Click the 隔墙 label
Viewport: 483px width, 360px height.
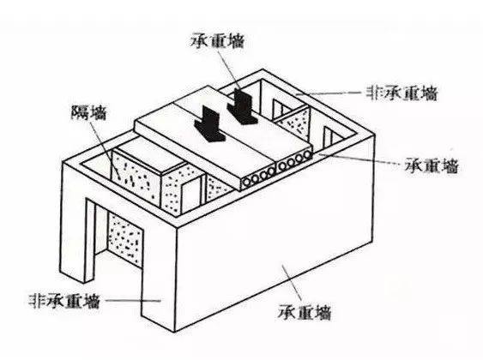click(88, 113)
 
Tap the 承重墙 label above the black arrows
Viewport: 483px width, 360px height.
click(218, 41)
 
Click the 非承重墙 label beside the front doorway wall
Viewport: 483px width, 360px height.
click(64, 301)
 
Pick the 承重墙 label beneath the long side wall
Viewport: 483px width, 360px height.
click(305, 313)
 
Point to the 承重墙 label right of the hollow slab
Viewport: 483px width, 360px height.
click(432, 165)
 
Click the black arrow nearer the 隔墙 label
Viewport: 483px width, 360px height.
click(210, 123)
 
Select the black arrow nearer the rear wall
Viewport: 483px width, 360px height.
click(242, 106)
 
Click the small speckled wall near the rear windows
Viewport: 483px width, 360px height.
click(293, 123)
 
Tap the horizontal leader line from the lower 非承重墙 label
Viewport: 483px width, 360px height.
click(132, 301)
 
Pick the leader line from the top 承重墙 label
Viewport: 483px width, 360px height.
click(231, 70)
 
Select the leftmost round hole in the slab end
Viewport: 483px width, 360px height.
click(247, 183)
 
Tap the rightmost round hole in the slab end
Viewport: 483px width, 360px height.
click(306, 156)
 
